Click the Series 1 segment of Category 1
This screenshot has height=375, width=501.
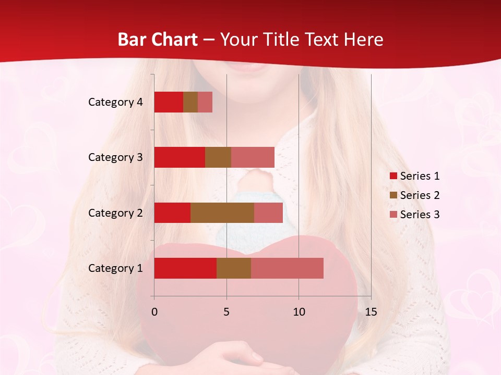pyautogui.click(x=185, y=268)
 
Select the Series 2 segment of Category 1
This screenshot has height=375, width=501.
pyautogui.click(x=234, y=268)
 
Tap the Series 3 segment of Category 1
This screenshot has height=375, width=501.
pyautogui.click(x=287, y=268)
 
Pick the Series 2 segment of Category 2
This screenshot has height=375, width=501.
pyautogui.click(x=222, y=213)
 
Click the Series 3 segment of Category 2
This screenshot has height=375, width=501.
pyautogui.click(x=268, y=213)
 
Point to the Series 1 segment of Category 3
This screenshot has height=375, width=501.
pyautogui.click(x=180, y=157)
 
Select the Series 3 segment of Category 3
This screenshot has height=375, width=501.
pyautogui.click(x=253, y=157)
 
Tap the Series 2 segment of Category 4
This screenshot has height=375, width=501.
pyautogui.click(x=190, y=102)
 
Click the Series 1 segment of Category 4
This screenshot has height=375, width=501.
pyautogui.click(x=169, y=102)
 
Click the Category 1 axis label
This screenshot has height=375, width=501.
pyautogui.click(x=115, y=268)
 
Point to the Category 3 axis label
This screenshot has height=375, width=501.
pyautogui.click(x=115, y=157)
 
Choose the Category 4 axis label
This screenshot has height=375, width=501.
pyautogui.click(x=115, y=102)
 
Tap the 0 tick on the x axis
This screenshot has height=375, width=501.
pyautogui.click(x=154, y=312)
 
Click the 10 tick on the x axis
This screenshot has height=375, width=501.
pyautogui.click(x=299, y=312)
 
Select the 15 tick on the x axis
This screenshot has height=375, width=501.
pyautogui.click(x=371, y=312)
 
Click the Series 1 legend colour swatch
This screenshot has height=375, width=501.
pyautogui.click(x=393, y=176)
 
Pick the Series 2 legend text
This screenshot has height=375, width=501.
pyautogui.click(x=420, y=195)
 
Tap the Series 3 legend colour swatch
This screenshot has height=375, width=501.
pyautogui.click(x=393, y=215)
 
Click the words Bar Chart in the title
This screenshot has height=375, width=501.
pyautogui.click(x=158, y=40)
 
